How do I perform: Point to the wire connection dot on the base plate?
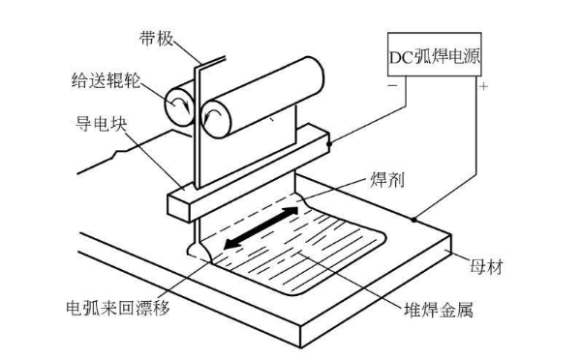click(x=413, y=220)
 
